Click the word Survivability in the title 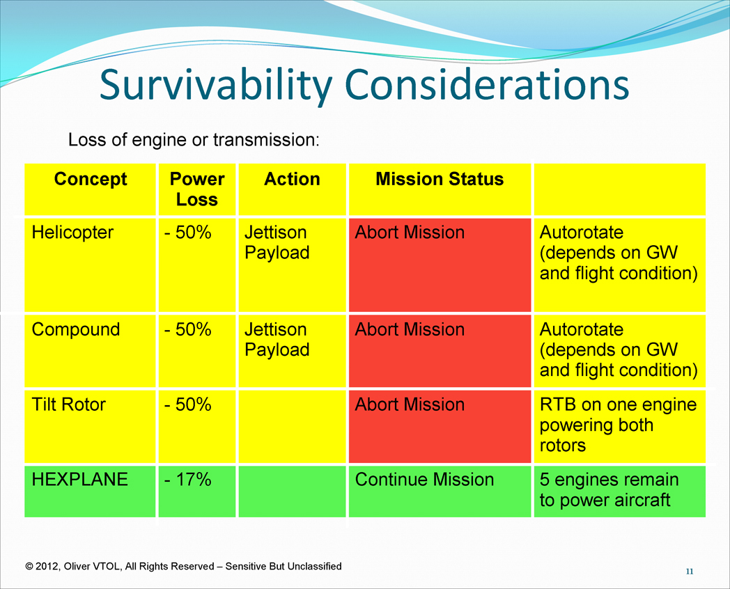point(216,86)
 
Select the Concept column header point(91,179)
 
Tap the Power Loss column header point(197,189)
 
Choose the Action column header point(292,179)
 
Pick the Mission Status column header point(440,179)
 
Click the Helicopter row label point(72,233)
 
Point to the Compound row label point(76,330)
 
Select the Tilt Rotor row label point(68,405)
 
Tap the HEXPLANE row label point(79,480)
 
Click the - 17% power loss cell point(188,480)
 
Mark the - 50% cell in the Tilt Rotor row point(188,405)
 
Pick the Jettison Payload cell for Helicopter point(277,242)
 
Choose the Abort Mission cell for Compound point(410,329)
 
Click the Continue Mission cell point(424,480)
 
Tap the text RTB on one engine point(619,405)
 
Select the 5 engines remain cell point(609,489)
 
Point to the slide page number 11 point(690,572)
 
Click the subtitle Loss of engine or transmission point(194,139)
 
